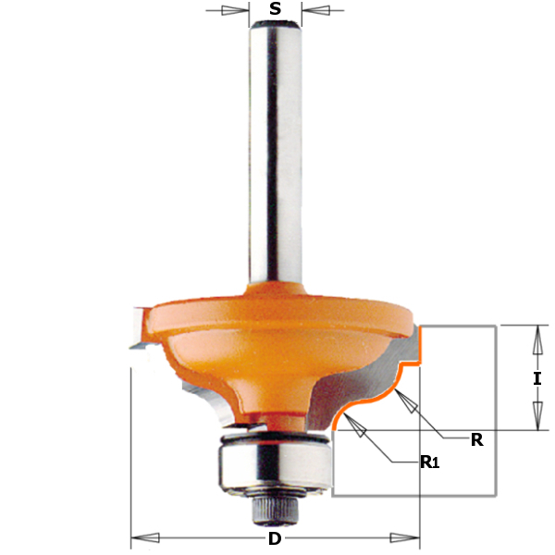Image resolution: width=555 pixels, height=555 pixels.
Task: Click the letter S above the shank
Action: (x=275, y=9)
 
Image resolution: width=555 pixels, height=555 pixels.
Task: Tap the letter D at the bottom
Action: (x=275, y=538)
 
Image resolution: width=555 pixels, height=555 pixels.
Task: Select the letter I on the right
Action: (x=537, y=379)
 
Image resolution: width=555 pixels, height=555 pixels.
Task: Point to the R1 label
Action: (x=430, y=462)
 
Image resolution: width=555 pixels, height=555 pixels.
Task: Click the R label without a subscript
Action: (x=476, y=440)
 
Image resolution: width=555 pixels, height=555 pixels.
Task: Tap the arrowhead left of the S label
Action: (x=235, y=10)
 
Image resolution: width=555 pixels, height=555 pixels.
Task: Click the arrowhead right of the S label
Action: (x=316, y=10)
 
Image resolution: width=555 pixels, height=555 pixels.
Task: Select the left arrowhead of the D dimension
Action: (x=145, y=538)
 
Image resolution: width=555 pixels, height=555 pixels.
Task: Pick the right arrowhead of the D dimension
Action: (x=405, y=538)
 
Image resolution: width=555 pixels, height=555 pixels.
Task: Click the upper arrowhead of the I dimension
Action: (x=537, y=339)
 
